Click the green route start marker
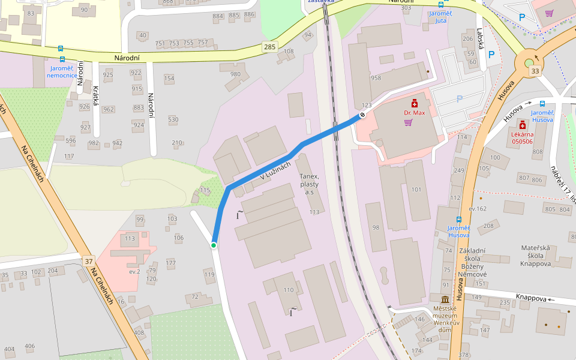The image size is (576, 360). (x=214, y=245)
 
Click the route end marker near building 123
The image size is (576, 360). (x=362, y=115)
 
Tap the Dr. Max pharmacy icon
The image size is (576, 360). (x=414, y=104)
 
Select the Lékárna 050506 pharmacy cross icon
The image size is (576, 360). (x=522, y=125)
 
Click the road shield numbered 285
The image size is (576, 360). (x=269, y=46)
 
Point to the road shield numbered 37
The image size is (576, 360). (x=89, y=260)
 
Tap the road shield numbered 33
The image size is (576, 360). (x=534, y=71)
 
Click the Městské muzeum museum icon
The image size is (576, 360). (x=445, y=299)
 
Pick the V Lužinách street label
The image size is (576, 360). (x=275, y=173)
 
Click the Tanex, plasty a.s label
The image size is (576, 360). (x=310, y=184)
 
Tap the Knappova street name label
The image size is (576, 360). (x=531, y=298)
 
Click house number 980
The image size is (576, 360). (x=235, y=74)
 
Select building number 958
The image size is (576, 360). (x=376, y=78)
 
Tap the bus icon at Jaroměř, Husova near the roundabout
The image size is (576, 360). (x=542, y=103)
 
